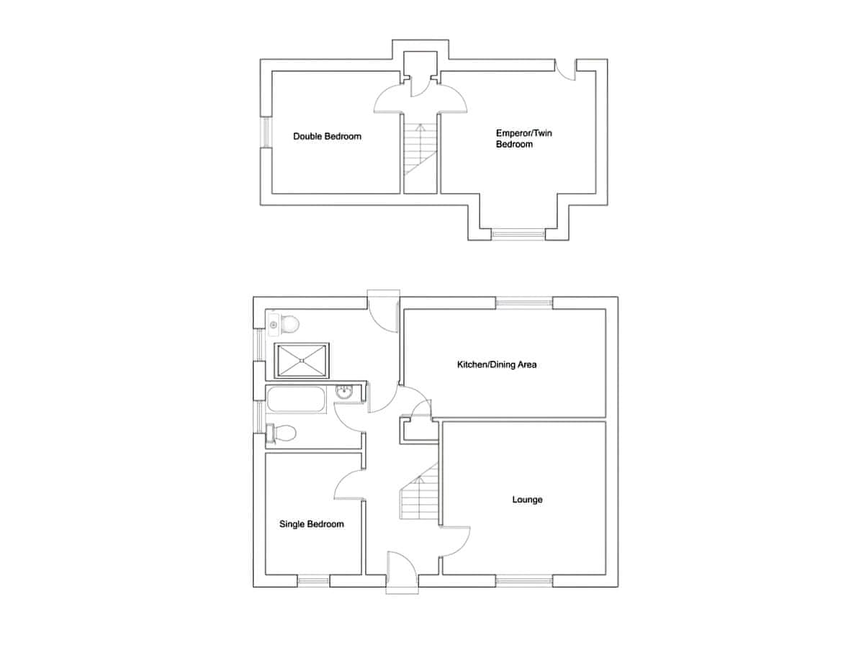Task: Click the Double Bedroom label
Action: click(x=327, y=137)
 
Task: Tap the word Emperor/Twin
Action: click(x=524, y=133)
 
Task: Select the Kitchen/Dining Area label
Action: click(x=497, y=365)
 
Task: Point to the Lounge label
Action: click(x=527, y=500)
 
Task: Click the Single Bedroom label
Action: click(x=311, y=524)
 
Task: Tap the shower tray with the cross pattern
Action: click(x=302, y=361)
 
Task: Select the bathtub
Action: click(x=297, y=400)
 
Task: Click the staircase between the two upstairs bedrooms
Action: click(x=420, y=150)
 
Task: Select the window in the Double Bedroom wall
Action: click(x=266, y=132)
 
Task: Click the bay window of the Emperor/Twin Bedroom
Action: click(x=518, y=234)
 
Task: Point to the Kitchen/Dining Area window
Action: click(x=524, y=303)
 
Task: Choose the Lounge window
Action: click(x=524, y=592)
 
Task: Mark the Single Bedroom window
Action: click(x=313, y=592)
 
